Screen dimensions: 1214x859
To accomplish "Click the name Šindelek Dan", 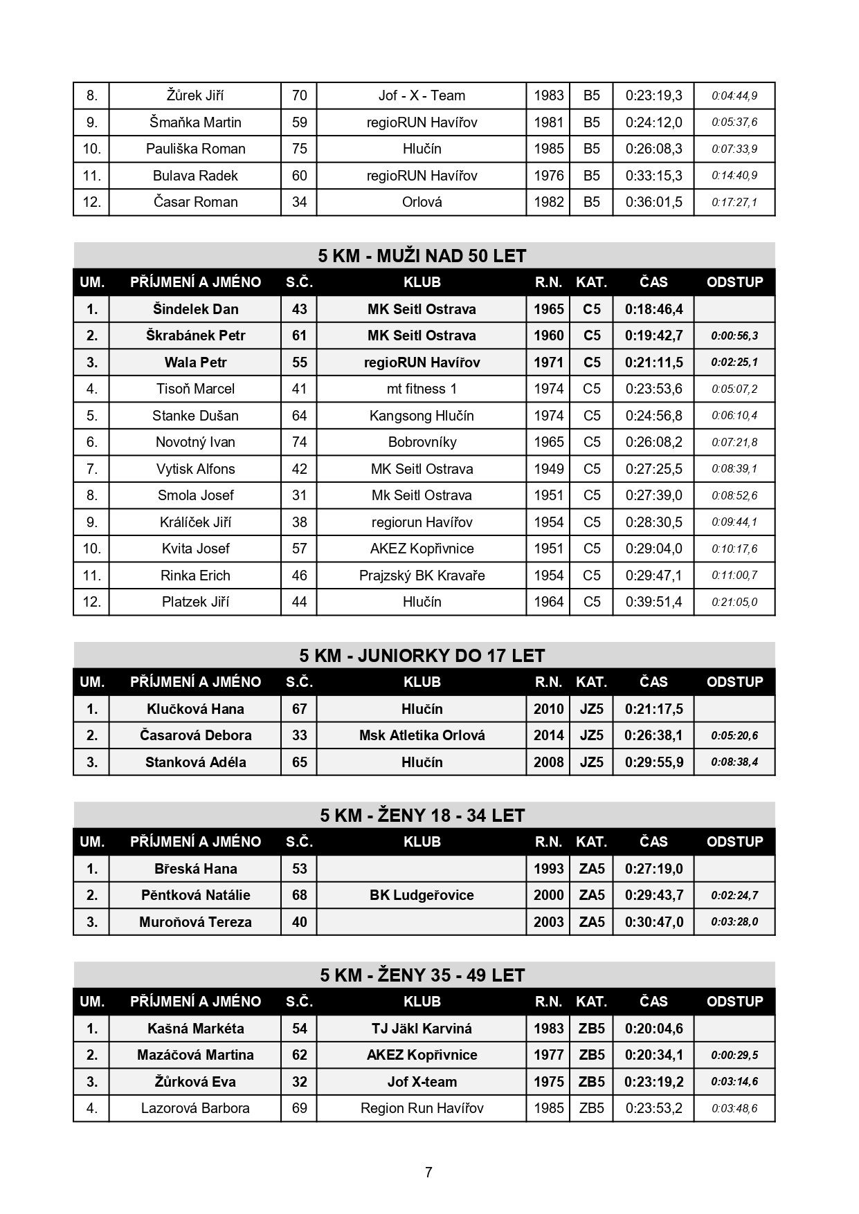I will point(195,309).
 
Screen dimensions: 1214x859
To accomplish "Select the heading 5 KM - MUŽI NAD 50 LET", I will point(422,256).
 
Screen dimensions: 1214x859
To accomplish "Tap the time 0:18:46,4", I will point(653,309).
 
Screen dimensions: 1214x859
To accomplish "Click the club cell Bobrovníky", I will point(422,442).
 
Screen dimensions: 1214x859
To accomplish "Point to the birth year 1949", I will point(548,469).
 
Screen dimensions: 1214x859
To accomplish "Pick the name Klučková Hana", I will point(195,709).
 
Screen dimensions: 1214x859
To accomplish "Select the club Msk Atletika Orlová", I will point(422,735).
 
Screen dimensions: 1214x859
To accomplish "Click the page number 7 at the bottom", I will point(428,1172).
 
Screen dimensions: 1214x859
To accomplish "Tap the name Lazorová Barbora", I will point(195,1108).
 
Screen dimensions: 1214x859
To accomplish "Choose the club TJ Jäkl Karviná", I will point(422,1029).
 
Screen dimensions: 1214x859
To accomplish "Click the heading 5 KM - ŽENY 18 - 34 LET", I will point(422,816).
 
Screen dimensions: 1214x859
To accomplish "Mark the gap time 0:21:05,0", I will point(734,603).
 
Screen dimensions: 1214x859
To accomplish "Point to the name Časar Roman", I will point(195,202).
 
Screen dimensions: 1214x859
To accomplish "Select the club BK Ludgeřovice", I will point(422,895).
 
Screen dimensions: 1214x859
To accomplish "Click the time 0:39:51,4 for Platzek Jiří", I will point(653,602).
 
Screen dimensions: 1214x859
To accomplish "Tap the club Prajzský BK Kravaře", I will point(422,576).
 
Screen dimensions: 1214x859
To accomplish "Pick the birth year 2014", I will point(548,735).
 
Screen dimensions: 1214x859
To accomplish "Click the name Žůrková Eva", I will point(195,1082).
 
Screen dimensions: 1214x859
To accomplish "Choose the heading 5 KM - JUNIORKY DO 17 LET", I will point(422,656).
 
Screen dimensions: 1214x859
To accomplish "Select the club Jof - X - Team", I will point(422,95).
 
